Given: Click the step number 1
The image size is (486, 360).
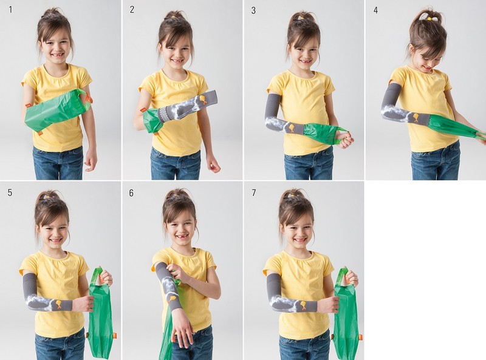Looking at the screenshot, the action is pos(10,10).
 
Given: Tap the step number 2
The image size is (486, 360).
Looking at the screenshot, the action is pos(132,10).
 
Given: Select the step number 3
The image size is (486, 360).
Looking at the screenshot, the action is pos(253,10).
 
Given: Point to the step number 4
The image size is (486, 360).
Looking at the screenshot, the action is pos(375,10).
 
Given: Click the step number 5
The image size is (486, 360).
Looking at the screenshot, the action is pos(10,192).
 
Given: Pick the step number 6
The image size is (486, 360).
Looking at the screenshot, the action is pos(131,193).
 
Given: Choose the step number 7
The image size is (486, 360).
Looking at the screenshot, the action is pos(254,193).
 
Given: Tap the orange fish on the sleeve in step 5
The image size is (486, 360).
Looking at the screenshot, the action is pos(58,305).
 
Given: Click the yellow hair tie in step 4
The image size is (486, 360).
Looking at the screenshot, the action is pos(430,19).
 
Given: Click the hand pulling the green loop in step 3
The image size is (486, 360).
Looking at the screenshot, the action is pos(346,140).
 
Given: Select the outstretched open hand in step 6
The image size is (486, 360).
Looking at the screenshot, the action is pos(183,328).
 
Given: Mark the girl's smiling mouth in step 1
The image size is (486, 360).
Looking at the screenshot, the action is pos(58,55).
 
